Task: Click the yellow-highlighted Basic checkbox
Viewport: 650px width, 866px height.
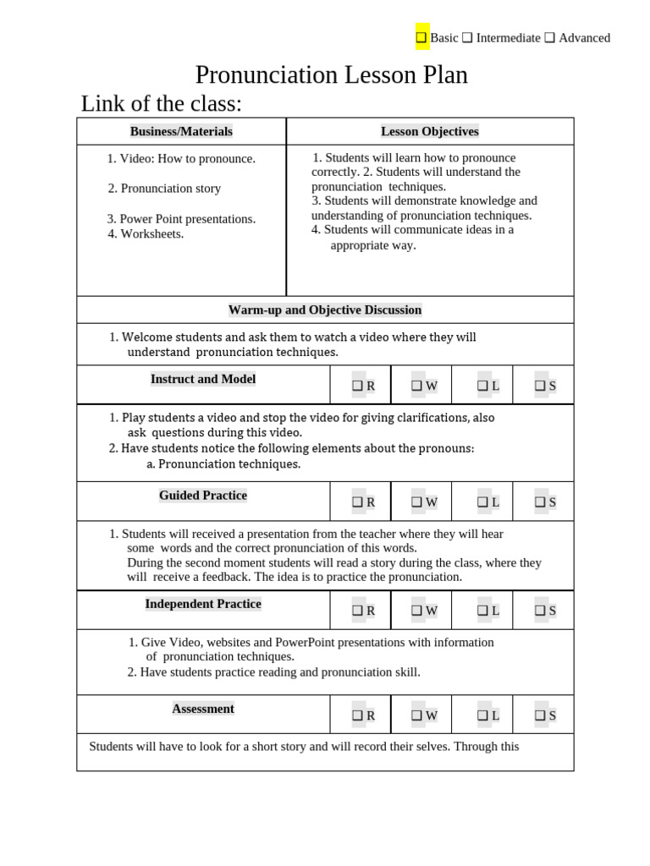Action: pyautogui.click(x=421, y=37)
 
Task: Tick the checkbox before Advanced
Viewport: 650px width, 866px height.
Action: pyautogui.click(x=550, y=37)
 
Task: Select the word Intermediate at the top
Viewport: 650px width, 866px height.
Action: pyautogui.click(x=508, y=37)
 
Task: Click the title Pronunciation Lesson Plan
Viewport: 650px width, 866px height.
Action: pyautogui.click(x=331, y=75)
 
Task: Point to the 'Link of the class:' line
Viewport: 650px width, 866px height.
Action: pyautogui.click(x=161, y=103)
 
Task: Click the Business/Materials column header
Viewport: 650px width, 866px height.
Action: pyautogui.click(x=181, y=131)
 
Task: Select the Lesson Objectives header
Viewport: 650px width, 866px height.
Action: pyautogui.click(x=430, y=131)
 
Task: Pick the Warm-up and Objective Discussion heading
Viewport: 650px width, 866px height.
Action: pyautogui.click(x=325, y=310)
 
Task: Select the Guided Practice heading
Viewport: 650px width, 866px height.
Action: pyautogui.click(x=203, y=496)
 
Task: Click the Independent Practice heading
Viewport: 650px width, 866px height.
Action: pyautogui.click(x=203, y=604)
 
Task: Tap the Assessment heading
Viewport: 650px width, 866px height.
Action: pyautogui.click(x=203, y=709)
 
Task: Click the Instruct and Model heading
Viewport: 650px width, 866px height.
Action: pyautogui.click(x=203, y=379)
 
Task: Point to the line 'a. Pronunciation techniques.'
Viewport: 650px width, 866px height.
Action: pyautogui.click(x=223, y=464)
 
